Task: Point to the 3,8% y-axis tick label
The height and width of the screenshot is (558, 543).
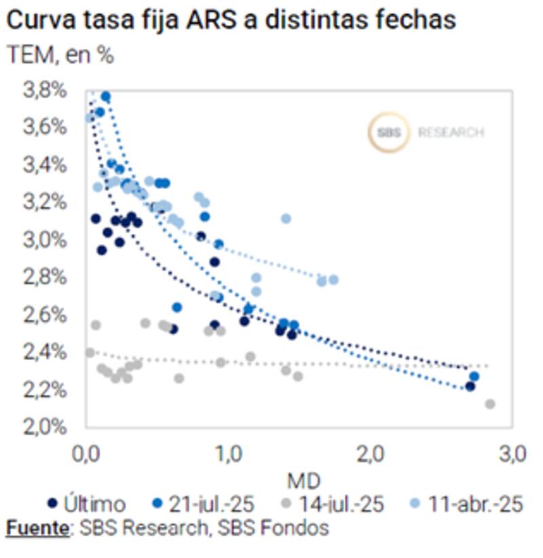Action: click(46, 89)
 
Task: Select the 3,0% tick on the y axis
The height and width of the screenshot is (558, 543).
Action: click(46, 239)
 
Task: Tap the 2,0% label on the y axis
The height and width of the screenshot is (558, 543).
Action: click(46, 427)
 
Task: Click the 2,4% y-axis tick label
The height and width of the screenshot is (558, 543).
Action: click(46, 352)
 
